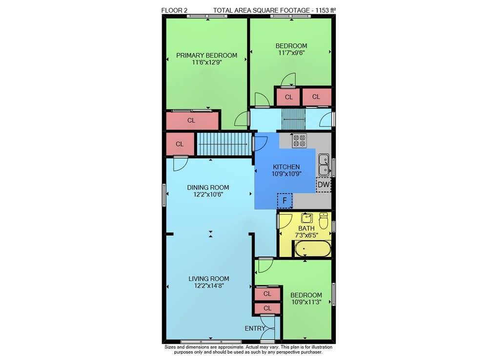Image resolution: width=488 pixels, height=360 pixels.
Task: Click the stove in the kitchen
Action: (x=300, y=141)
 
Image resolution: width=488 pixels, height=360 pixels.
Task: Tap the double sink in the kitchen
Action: (x=324, y=165)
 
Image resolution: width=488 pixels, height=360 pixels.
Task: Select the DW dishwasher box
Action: (x=324, y=185)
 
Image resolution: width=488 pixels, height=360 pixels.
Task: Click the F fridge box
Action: (x=285, y=201)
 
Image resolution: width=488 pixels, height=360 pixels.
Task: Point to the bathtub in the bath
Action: (x=312, y=249)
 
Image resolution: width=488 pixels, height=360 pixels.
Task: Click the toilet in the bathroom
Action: (x=324, y=220)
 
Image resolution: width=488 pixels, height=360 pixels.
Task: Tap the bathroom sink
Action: (x=307, y=218)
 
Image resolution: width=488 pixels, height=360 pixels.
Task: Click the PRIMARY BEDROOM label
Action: (x=206, y=55)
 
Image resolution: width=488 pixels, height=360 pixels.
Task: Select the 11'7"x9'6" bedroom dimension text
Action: (x=291, y=53)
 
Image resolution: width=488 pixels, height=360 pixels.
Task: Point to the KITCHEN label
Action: (x=286, y=167)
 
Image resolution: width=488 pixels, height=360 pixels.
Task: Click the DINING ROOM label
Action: (x=208, y=188)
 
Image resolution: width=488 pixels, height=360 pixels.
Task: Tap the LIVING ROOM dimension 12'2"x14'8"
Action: (x=209, y=286)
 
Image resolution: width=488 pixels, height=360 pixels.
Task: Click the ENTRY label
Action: (x=255, y=328)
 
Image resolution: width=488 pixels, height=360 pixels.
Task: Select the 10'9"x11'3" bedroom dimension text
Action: (x=306, y=302)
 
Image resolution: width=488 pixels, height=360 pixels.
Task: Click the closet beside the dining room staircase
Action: (x=180, y=144)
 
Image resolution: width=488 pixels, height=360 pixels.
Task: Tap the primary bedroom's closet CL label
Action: (x=191, y=120)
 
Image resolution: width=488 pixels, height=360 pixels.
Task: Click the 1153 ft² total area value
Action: (x=325, y=10)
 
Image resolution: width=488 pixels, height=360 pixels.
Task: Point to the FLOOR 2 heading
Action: (x=174, y=10)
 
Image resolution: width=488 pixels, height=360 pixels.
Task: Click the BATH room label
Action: (x=306, y=228)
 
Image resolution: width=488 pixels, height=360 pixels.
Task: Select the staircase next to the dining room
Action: (x=224, y=144)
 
